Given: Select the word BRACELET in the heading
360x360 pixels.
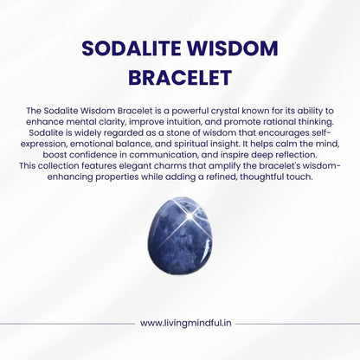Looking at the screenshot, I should [180, 78].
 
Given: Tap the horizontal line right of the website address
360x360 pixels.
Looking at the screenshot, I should [294, 323].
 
